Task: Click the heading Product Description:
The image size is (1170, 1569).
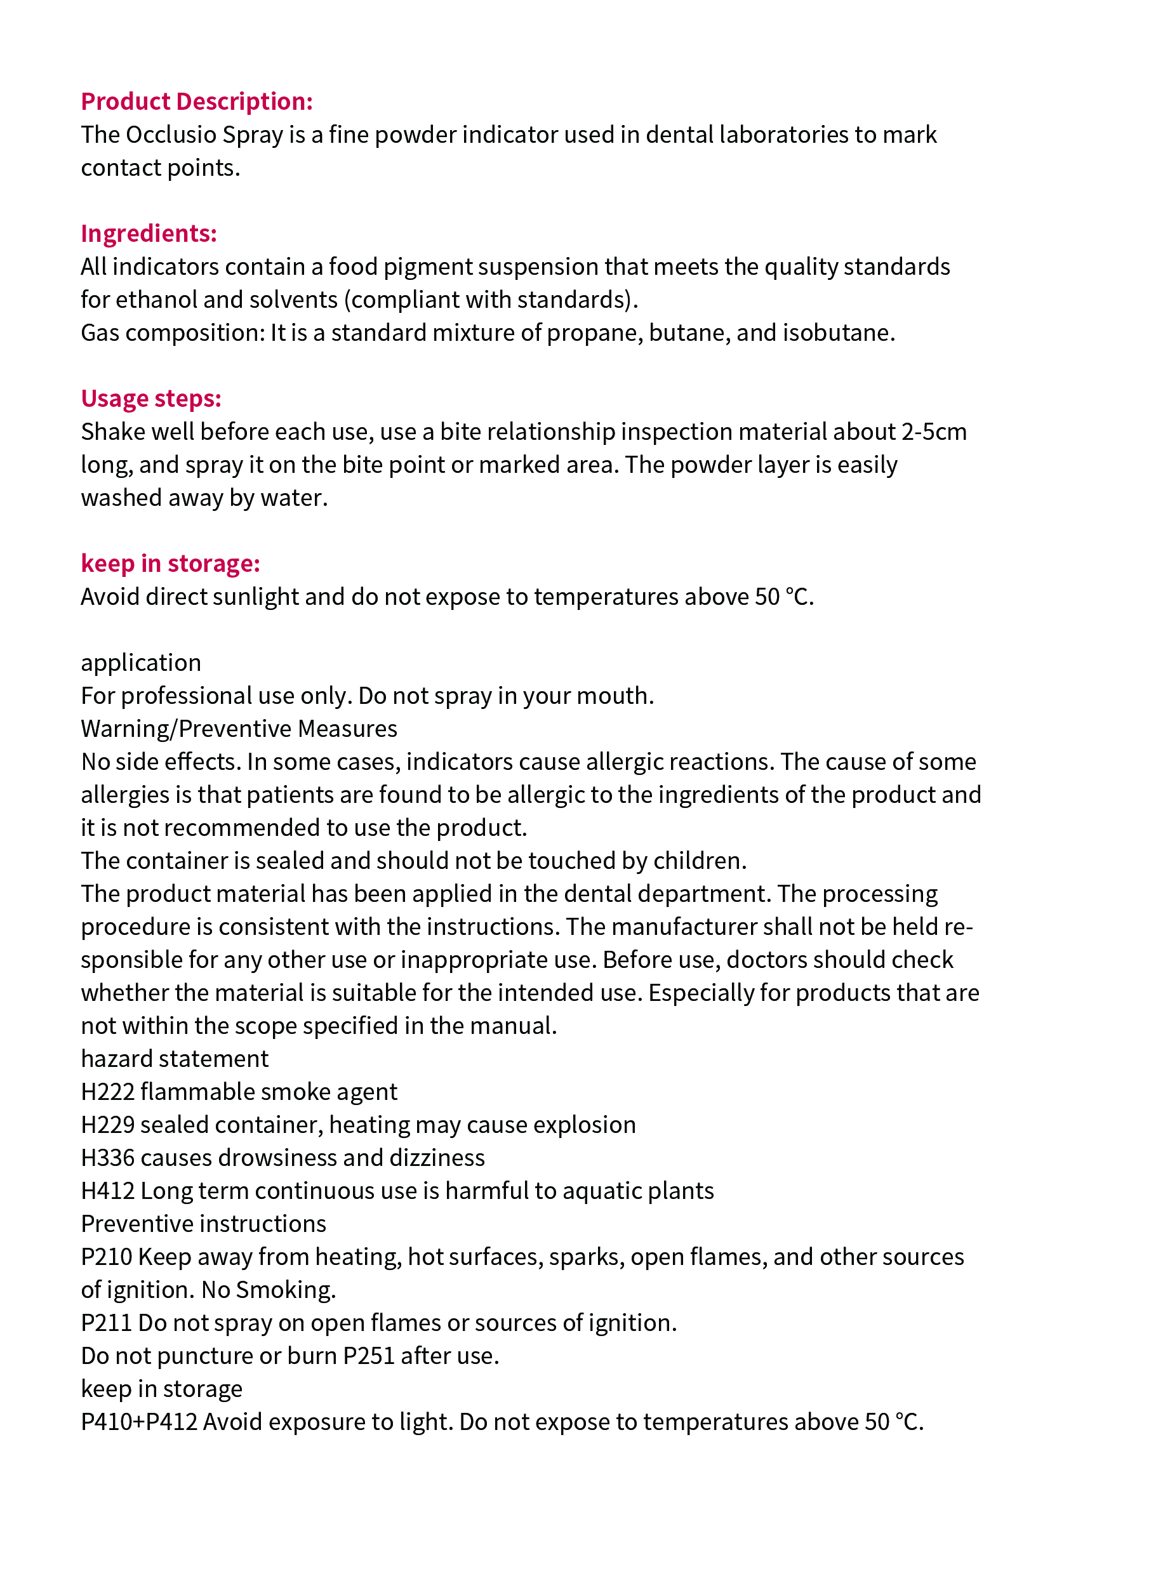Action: pos(196,102)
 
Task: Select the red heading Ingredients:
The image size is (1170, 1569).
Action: pos(149,233)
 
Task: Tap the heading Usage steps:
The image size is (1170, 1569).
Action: pos(151,398)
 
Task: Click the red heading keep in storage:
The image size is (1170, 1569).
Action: pos(170,563)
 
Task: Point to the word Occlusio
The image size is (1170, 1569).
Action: pos(170,135)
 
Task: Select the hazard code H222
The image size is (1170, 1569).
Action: pos(108,1091)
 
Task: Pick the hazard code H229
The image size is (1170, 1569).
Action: pos(108,1124)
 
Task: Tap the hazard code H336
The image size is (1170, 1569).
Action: pos(108,1157)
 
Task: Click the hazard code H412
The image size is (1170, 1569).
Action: pos(108,1190)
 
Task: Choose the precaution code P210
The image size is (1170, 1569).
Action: pos(106,1256)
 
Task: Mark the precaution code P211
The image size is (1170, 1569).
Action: pos(106,1322)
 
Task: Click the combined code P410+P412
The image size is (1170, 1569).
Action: pos(139,1421)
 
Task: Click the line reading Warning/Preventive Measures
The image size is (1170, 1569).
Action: pos(239,728)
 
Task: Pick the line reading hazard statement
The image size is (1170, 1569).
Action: pos(174,1058)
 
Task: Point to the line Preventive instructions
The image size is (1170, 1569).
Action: pos(203,1223)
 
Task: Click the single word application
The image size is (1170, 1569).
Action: pos(141,662)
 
